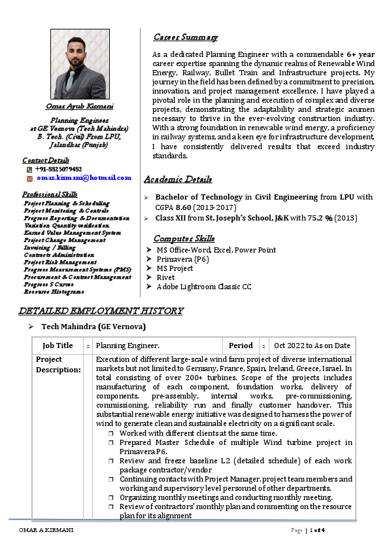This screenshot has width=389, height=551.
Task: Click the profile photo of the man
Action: click(80, 63)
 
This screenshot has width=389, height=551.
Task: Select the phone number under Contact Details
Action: click(59, 169)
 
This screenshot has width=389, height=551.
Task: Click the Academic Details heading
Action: click(178, 179)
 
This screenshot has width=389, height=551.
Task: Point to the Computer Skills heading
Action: click(184, 238)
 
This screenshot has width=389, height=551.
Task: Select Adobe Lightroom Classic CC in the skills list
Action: click(203, 287)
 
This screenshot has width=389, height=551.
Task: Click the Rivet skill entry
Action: click(166, 277)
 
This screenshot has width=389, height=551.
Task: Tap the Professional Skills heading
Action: click(50, 194)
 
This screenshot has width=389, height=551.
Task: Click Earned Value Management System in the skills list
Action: click(72, 232)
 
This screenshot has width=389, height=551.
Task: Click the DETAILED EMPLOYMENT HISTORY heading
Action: click(101, 311)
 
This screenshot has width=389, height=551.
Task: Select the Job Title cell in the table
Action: click(58, 346)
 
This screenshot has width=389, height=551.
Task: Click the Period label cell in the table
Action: click(241, 346)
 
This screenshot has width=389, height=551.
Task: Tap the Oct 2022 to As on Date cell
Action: click(312, 346)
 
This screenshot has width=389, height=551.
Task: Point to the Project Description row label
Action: click(58, 364)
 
